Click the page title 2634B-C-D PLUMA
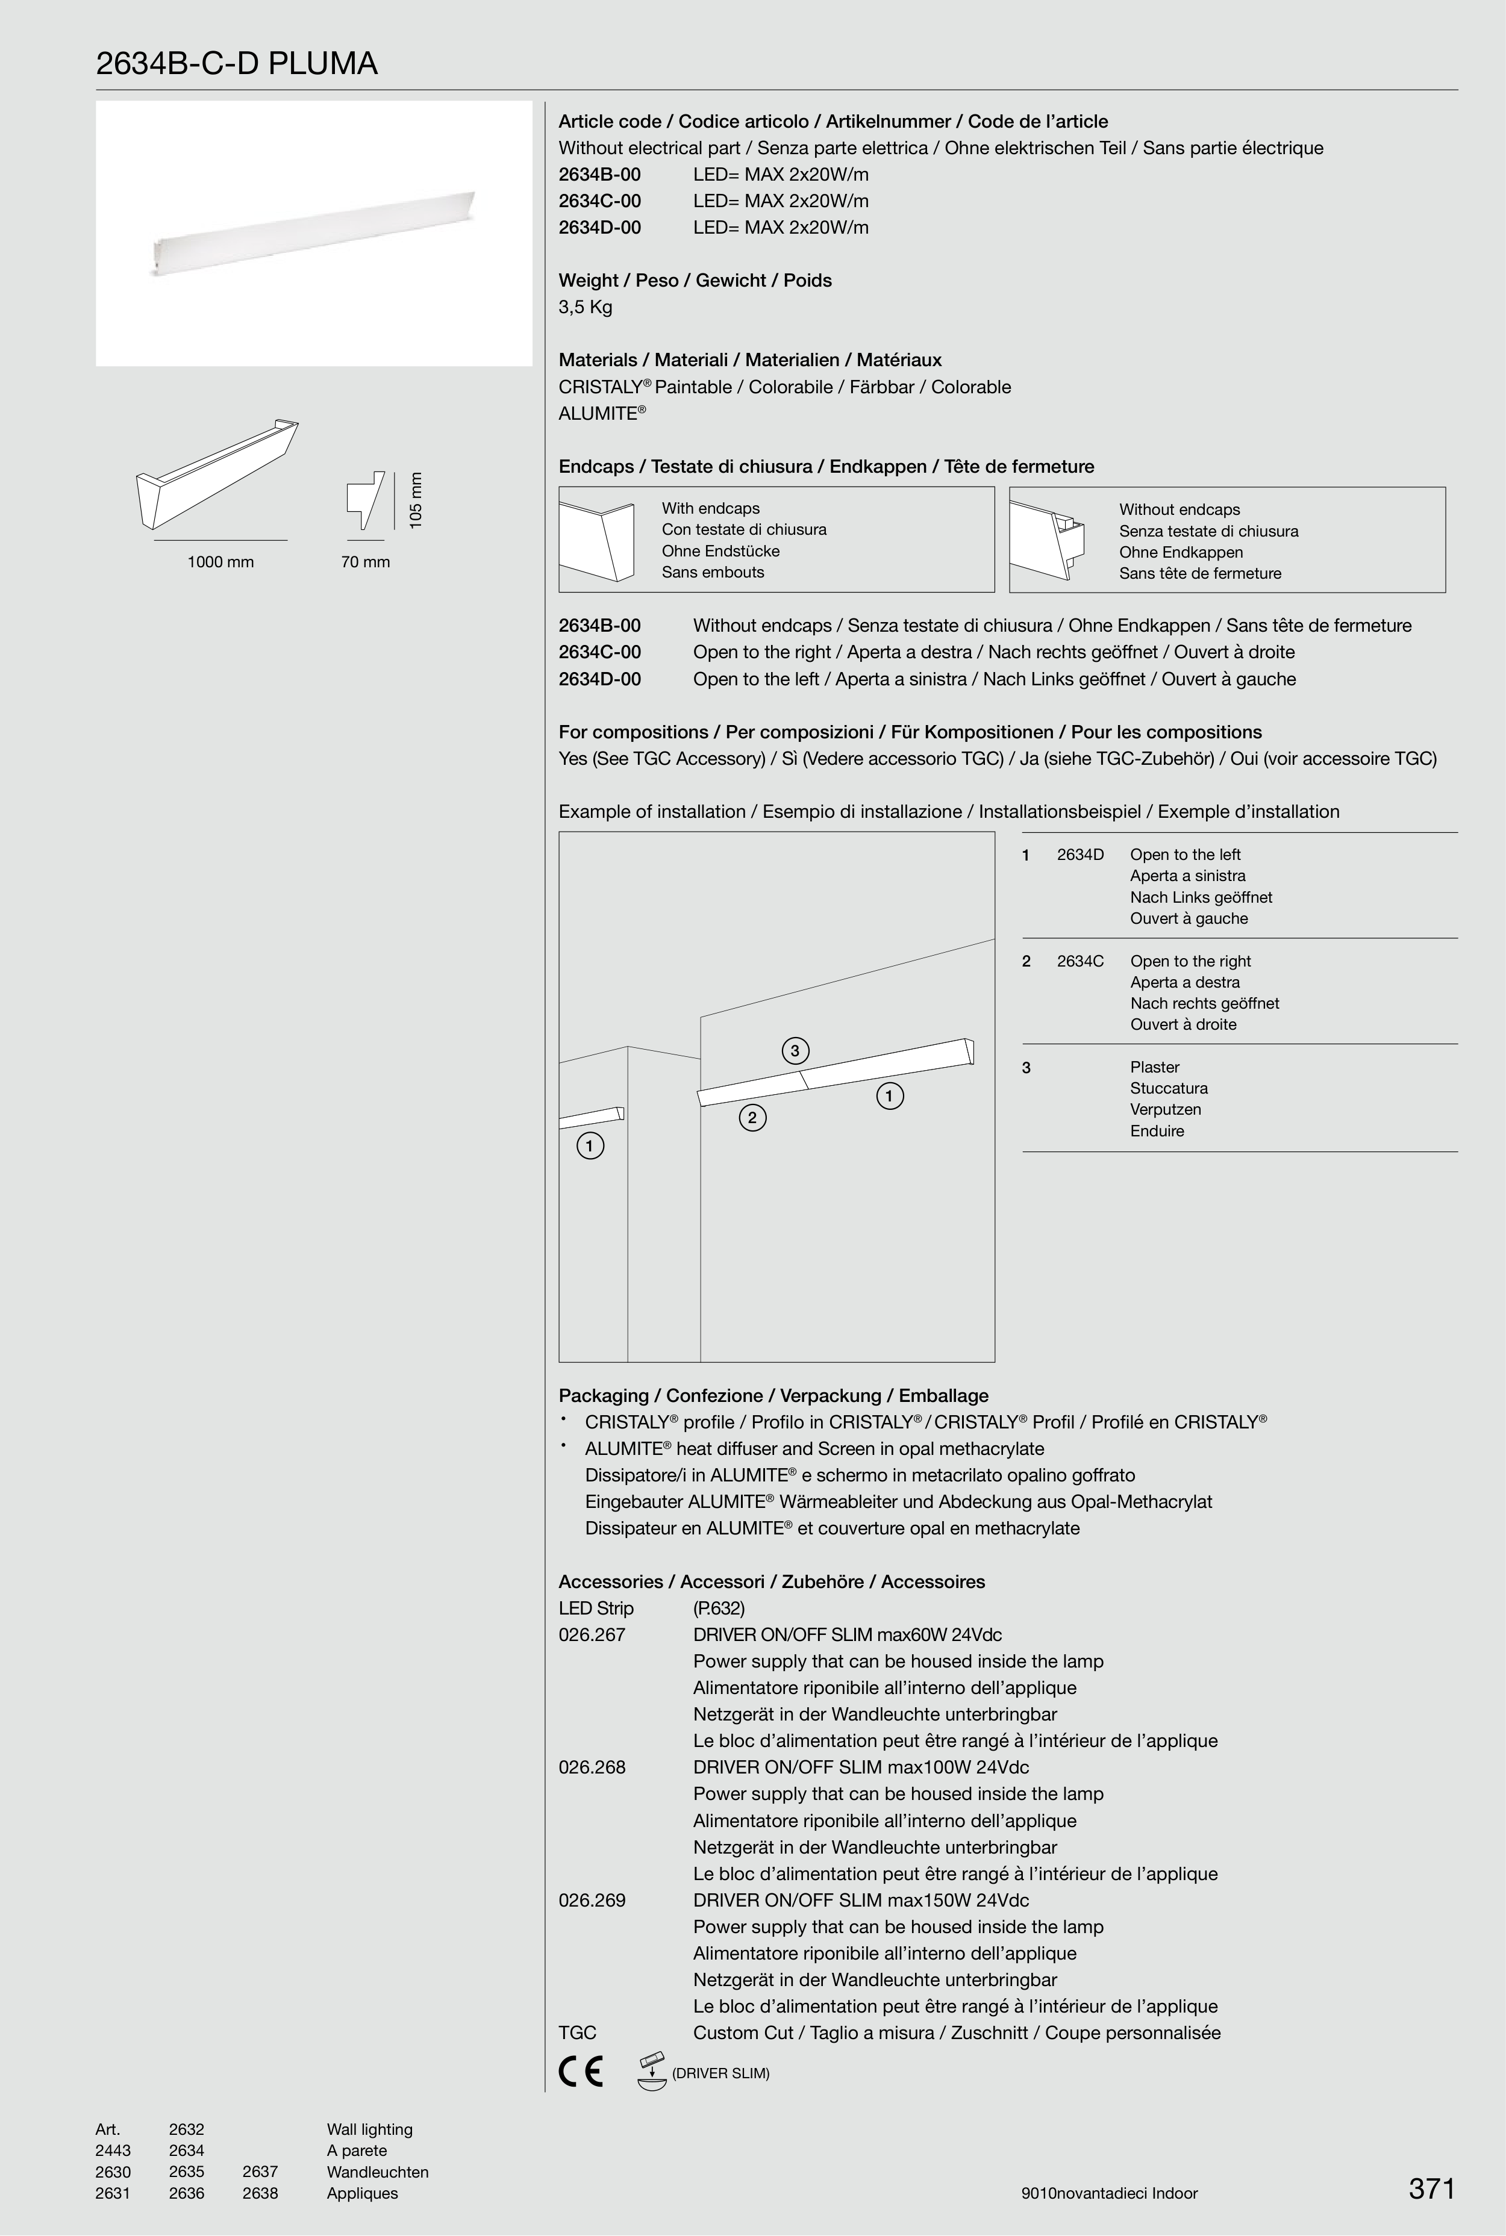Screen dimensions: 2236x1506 click(x=236, y=64)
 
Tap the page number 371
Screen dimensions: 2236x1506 click(x=1431, y=2189)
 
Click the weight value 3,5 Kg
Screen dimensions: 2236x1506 click(x=585, y=307)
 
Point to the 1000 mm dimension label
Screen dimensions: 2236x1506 click(x=220, y=562)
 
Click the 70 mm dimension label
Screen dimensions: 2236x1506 click(x=365, y=562)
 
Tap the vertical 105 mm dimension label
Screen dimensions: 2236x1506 click(x=415, y=499)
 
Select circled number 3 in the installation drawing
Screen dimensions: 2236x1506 click(x=795, y=1050)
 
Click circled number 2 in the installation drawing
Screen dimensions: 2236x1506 click(x=752, y=1118)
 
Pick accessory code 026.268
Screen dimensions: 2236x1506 click(x=592, y=1767)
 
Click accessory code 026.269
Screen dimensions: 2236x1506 click(x=592, y=1900)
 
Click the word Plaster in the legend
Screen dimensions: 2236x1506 click(x=1154, y=1067)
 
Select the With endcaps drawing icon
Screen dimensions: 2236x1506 click(x=596, y=541)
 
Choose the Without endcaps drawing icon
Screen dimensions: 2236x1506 click(x=1047, y=541)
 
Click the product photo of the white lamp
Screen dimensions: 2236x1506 click(x=314, y=233)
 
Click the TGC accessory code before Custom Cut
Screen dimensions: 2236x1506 click(x=577, y=2032)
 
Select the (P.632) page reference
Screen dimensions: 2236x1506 click(x=719, y=1608)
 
